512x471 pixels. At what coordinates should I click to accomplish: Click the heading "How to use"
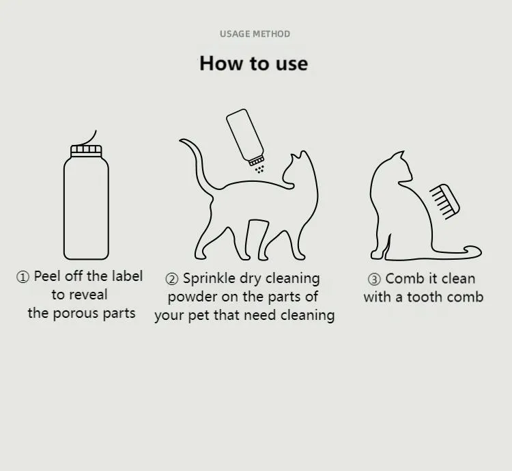click(253, 64)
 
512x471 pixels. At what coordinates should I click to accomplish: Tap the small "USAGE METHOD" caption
click(255, 33)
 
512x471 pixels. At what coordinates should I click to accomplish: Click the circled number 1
click(23, 277)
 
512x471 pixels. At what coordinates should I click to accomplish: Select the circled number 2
click(172, 279)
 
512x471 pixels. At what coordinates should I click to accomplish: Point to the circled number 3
click(374, 279)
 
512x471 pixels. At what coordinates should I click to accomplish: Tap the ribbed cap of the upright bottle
click(86, 149)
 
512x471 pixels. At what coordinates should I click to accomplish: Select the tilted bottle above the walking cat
click(245, 135)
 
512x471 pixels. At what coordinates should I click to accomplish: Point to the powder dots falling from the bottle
click(260, 168)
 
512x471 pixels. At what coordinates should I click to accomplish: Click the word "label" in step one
click(127, 276)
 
